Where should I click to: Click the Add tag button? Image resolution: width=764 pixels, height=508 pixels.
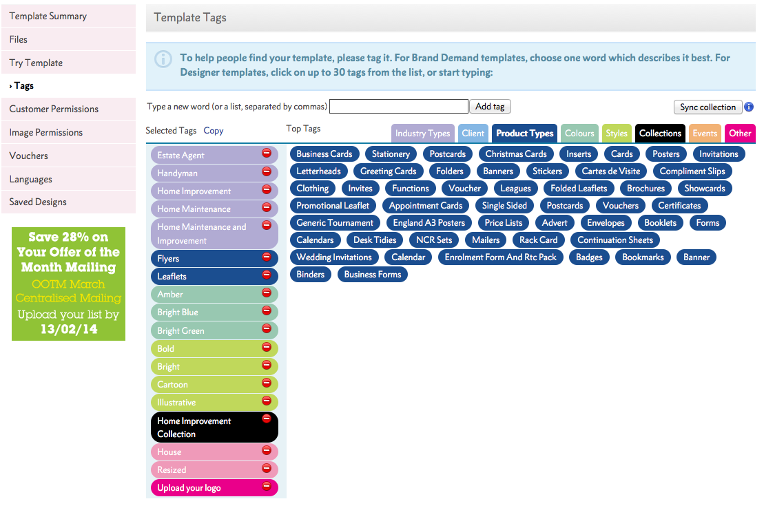click(490, 107)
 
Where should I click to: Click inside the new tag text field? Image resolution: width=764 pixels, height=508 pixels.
click(399, 107)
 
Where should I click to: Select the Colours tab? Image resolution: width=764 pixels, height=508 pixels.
click(579, 134)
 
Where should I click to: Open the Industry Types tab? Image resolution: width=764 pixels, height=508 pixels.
click(422, 134)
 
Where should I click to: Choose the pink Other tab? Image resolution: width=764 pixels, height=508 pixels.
click(740, 134)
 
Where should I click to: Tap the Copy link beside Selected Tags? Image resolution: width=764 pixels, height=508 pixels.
click(214, 131)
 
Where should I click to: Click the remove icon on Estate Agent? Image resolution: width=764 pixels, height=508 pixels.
click(267, 153)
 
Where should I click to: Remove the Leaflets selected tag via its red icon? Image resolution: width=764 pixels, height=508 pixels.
click(267, 275)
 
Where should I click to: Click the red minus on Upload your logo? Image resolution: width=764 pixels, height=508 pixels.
click(267, 486)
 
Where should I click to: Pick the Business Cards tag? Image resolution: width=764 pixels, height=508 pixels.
click(324, 154)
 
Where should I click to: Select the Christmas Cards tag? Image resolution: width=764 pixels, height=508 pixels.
click(516, 154)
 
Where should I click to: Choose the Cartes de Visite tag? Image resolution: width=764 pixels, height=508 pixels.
click(611, 171)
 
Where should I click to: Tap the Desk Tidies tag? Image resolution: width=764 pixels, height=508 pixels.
click(375, 240)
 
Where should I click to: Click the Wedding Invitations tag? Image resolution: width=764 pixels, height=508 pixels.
click(334, 257)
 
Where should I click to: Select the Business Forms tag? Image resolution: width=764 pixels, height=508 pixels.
click(373, 274)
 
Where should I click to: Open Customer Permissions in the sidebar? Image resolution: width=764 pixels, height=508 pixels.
click(54, 109)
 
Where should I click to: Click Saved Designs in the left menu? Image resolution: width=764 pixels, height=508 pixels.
click(38, 202)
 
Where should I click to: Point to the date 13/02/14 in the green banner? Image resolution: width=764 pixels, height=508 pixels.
click(69, 329)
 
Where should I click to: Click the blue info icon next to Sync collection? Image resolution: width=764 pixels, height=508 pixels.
click(749, 107)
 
